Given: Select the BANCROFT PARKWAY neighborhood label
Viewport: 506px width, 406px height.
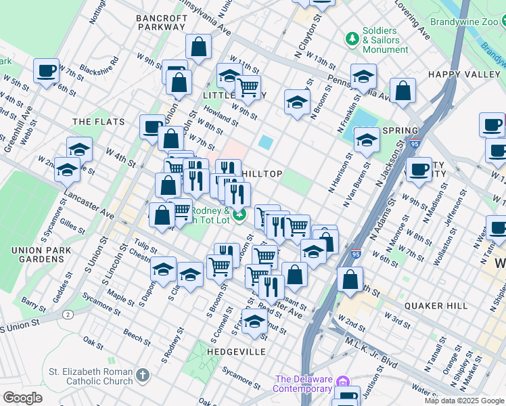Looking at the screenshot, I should click(x=160, y=22).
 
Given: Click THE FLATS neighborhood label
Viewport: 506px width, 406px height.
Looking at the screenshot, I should click(x=99, y=122).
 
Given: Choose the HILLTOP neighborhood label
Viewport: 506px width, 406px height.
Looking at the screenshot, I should click(x=262, y=174).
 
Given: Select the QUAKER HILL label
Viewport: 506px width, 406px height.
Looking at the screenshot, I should click(x=436, y=306).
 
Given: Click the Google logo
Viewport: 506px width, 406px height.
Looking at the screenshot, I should click(x=22, y=398).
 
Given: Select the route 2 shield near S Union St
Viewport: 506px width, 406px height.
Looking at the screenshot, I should click(x=68, y=315).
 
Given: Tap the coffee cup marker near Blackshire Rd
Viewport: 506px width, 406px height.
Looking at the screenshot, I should click(x=47, y=71).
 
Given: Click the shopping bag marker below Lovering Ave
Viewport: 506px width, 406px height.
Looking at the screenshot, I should click(x=402, y=91).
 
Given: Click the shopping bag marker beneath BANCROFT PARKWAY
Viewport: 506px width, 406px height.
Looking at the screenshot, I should click(x=198, y=47).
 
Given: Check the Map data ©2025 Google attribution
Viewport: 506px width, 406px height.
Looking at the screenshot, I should click(x=463, y=401).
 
